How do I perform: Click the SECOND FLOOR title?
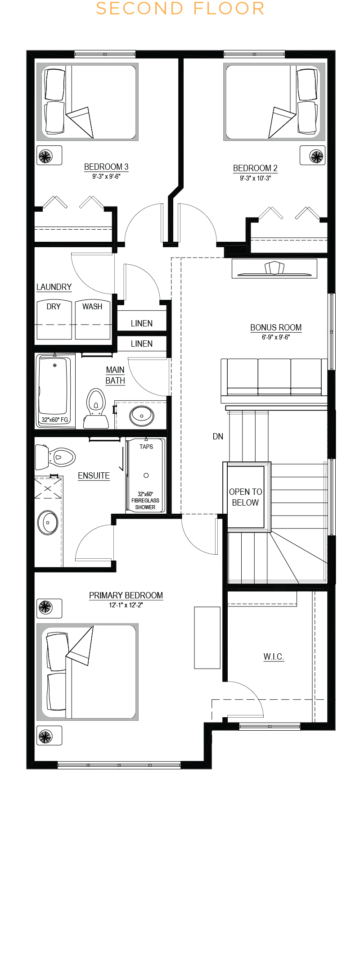tap(180, 9)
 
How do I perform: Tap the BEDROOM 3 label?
tap(106, 167)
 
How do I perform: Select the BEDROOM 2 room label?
tap(255, 168)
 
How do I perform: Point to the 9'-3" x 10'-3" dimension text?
tap(255, 178)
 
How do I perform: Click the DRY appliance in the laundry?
tap(54, 319)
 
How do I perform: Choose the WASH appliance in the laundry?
tap(93, 319)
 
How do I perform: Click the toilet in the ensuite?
tap(55, 457)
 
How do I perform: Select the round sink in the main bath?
tap(142, 416)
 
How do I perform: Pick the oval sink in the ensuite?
tap(47, 523)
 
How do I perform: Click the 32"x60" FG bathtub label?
tap(55, 420)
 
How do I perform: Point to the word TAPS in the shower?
tap(146, 447)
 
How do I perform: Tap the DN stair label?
tap(218, 436)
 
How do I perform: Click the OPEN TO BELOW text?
tap(245, 497)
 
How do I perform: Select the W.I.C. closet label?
tap(274, 656)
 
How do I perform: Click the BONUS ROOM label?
tap(276, 328)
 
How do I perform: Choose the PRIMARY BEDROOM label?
tap(126, 595)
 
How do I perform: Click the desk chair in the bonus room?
tap(274, 267)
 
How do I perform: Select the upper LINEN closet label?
tap(142, 323)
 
